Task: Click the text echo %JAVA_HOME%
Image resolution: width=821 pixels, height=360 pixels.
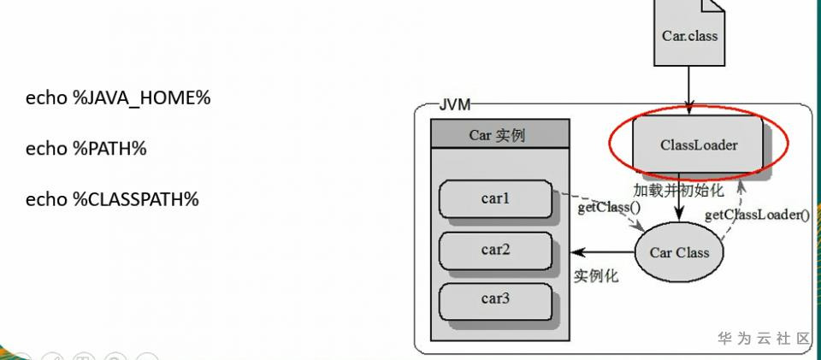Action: coord(118,97)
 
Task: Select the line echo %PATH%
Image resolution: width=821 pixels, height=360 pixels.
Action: coord(86,149)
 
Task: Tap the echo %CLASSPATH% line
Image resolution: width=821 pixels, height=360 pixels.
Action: coord(112,199)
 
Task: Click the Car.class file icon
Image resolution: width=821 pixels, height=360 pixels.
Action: coord(689,33)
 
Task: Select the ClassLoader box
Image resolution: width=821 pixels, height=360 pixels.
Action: coord(698,144)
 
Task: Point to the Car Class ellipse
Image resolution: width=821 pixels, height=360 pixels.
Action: coord(679,253)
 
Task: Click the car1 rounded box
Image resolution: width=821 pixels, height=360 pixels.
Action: coord(495,199)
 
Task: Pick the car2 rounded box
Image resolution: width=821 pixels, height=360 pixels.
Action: coord(495,251)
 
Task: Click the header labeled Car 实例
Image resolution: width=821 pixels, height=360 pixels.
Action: coord(499,134)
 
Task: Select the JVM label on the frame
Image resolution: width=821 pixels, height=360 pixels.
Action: coord(454,105)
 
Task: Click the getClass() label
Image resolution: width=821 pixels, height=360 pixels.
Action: coord(609,208)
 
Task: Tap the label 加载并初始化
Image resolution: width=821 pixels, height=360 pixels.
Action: coord(678,190)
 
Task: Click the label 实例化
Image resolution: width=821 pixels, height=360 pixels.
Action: coord(596,275)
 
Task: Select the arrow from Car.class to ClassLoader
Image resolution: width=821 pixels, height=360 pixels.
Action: coord(688,91)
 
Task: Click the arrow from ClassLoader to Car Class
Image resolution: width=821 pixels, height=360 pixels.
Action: coord(679,197)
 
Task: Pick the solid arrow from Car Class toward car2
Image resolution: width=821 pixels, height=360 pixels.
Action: coord(603,252)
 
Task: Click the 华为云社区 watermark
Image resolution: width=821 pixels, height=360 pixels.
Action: coord(764,338)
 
